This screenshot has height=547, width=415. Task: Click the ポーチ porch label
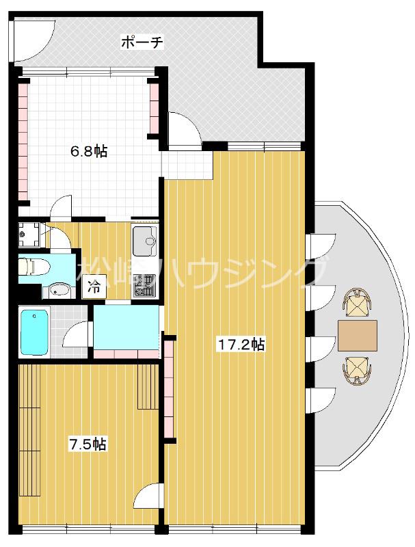142,42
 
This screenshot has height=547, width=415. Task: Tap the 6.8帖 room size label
89,152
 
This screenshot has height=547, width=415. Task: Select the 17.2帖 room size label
241,345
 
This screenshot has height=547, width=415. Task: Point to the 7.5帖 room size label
88,444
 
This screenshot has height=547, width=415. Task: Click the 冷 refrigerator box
94,287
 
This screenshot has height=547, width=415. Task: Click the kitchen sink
145,241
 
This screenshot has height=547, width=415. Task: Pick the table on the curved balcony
357,335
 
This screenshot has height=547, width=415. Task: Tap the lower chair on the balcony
356,371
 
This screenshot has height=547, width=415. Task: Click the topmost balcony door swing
321,245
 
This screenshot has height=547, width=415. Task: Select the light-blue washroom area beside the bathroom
126,328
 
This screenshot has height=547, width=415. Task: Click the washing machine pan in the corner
31,234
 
